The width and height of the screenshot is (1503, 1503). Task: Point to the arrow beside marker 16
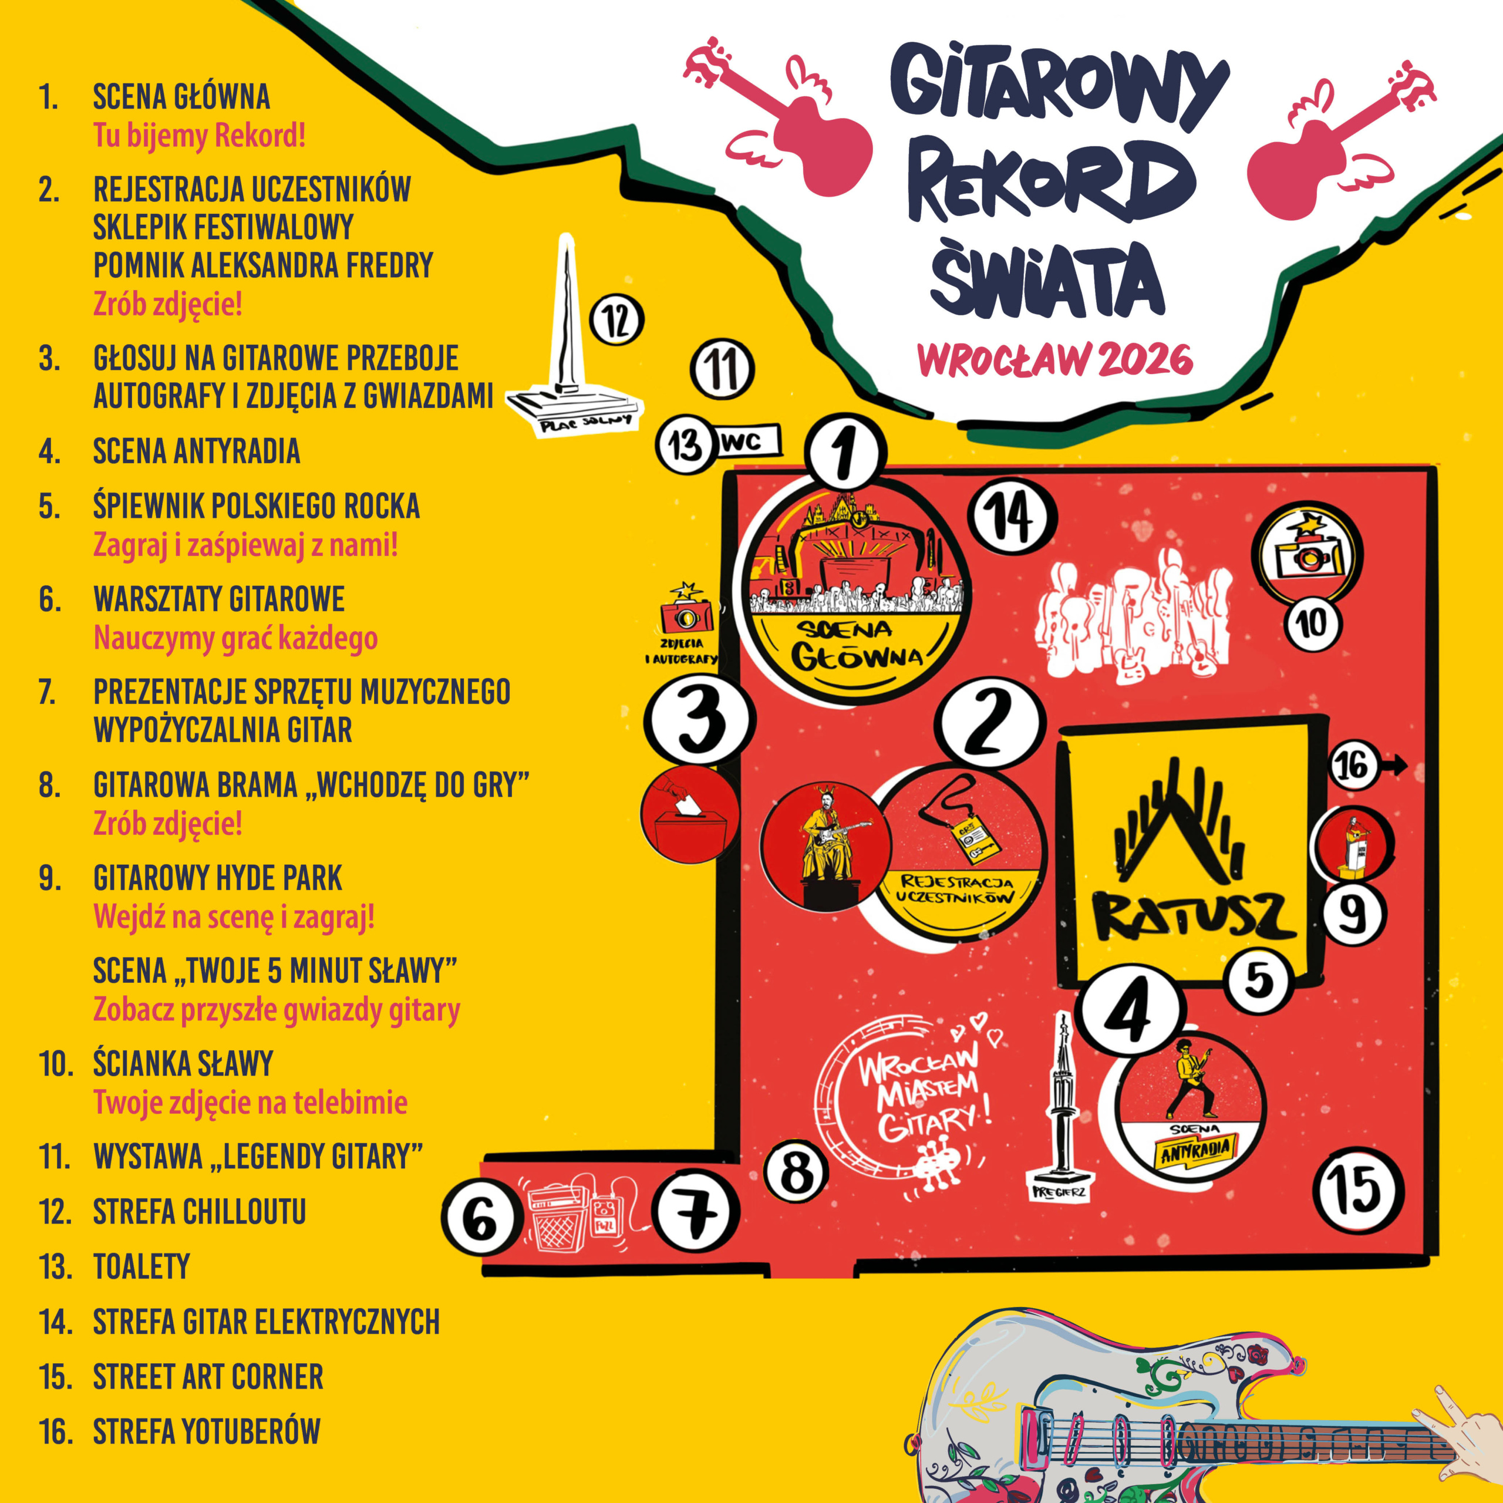[x=1395, y=766]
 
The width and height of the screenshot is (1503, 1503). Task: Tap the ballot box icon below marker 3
[x=689, y=816]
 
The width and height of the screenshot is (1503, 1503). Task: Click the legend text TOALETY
[x=141, y=1266]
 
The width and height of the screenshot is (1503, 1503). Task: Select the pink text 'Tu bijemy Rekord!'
[x=199, y=136]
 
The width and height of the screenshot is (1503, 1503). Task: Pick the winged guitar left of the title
[x=778, y=124]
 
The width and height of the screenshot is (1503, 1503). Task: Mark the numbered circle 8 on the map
[x=797, y=1172]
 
